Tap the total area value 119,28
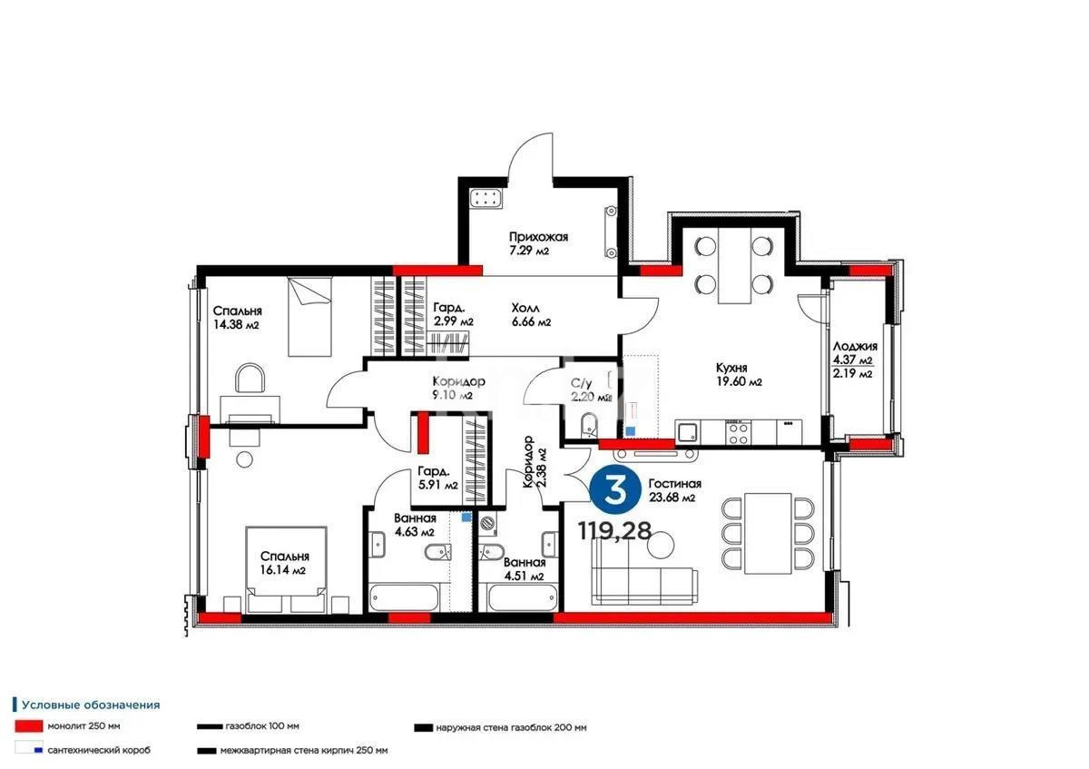[x=614, y=531]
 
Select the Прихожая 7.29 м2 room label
[x=537, y=243]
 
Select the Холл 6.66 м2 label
[x=531, y=314]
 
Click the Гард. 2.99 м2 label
[x=452, y=314]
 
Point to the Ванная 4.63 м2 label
[x=415, y=524]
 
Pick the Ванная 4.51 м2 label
[x=525, y=568]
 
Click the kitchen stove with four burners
[x=737, y=433]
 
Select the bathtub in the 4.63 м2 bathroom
[x=406, y=599]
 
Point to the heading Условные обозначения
[x=91, y=704]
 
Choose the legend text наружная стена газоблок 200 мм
[x=510, y=727]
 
